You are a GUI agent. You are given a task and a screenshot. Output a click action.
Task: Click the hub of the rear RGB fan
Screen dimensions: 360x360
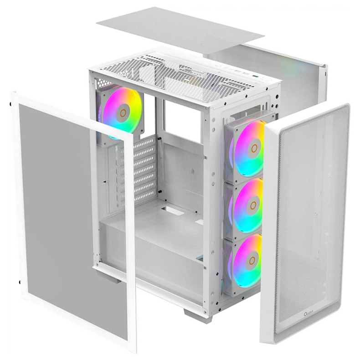[x=123, y=112]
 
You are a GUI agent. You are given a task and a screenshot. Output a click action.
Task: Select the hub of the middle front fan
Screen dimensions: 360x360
[x=253, y=206]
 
